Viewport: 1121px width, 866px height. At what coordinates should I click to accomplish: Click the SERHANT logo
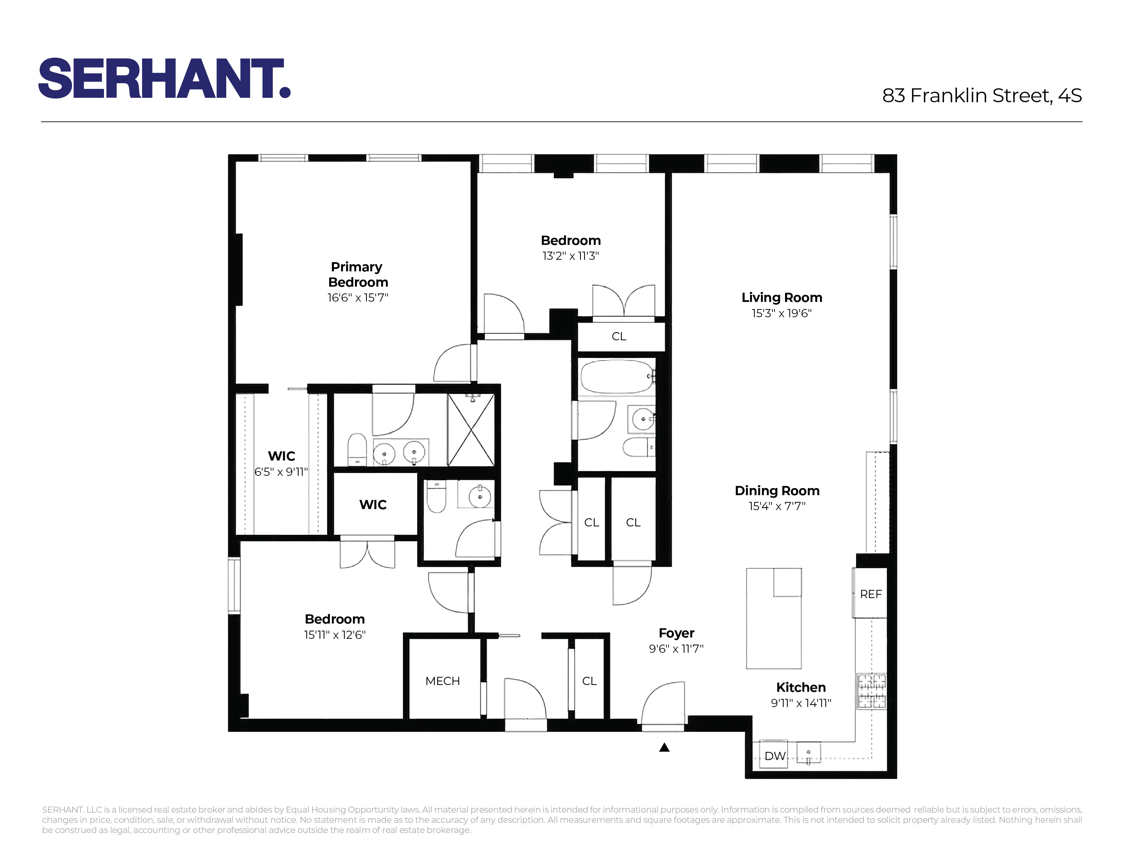pyautogui.click(x=164, y=78)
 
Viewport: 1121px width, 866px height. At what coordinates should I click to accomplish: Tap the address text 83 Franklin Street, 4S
pyautogui.click(x=981, y=96)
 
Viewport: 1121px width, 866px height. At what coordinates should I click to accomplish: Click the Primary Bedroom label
pyautogui.click(x=358, y=274)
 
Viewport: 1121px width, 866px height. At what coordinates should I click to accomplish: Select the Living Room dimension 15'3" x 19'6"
pyautogui.click(x=781, y=313)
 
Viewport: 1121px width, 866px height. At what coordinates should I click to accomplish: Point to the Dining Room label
pyautogui.click(x=777, y=491)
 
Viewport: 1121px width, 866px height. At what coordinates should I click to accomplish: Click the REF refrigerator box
pyautogui.click(x=871, y=594)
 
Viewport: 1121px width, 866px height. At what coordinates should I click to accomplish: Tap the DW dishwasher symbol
pyautogui.click(x=774, y=756)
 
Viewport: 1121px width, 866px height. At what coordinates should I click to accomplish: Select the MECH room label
pyautogui.click(x=442, y=681)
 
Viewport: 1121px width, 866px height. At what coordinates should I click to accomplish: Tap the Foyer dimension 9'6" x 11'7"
pyautogui.click(x=676, y=648)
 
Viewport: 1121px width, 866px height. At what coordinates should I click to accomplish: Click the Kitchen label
pyautogui.click(x=801, y=687)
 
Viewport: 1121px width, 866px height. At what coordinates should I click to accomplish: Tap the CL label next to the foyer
pyautogui.click(x=589, y=681)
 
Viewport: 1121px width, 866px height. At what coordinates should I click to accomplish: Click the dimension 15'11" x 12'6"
pyautogui.click(x=335, y=635)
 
